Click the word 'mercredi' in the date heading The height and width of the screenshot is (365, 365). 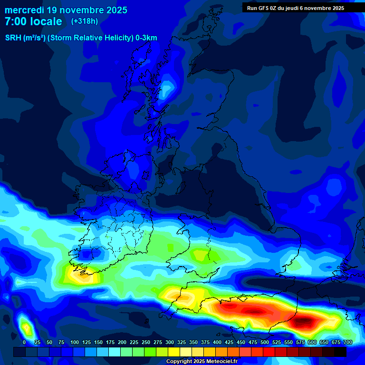point(24,10)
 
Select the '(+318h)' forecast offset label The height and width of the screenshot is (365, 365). point(85,21)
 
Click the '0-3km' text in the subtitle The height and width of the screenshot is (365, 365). point(146,38)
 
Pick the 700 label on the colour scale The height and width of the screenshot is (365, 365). point(347,342)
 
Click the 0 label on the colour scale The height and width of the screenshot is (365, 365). point(24,342)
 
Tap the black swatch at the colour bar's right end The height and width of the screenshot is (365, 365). point(340,352)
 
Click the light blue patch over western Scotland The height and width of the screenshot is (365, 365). point(166,90)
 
